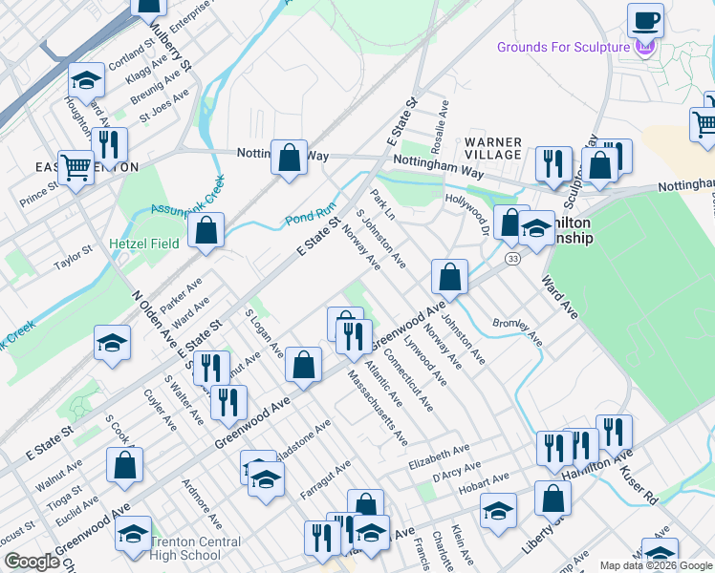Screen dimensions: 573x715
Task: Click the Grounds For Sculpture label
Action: (x=563, y=48)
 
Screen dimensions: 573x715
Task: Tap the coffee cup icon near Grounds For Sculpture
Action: (x=646, y=20)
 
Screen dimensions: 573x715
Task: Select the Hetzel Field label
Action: (x=143, y=244)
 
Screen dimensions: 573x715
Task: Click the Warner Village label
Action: (x=493, y=148)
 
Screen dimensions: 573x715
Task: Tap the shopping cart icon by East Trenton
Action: (x=76, y=168)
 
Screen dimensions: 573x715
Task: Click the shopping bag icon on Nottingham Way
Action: (x=289, y=157)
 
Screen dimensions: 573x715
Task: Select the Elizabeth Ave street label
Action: (x=439, y=450)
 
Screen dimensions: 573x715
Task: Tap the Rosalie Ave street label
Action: (x=444, y=118)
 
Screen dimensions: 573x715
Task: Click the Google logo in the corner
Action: (x=32, y=562)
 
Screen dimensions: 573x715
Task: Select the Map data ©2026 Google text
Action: (x=656, y=565)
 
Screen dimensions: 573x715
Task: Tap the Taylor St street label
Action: (x=73, y=258)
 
